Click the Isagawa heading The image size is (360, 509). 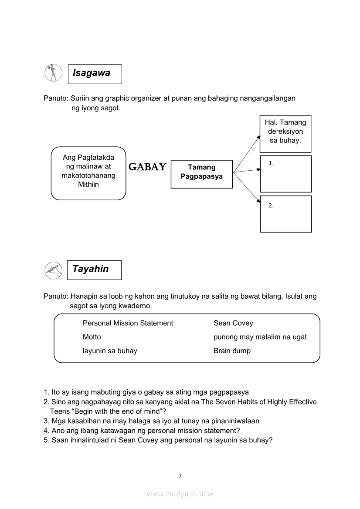(x=92, y=73)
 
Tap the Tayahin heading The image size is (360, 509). (x=91, y=269)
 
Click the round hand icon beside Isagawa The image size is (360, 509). (x=54, y=73)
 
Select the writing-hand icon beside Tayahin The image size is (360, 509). (x=54, y=270)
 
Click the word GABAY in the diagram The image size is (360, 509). (x=148, y=167)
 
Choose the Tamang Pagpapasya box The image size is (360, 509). (x=201, y=172)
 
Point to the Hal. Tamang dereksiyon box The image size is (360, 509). (x=285, y=131)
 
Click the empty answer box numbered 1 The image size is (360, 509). (x=286, y=174)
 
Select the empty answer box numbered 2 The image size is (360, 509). (x=286, y=214)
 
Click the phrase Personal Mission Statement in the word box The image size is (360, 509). (x=128, y=323)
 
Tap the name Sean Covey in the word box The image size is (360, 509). (x=233, y=323)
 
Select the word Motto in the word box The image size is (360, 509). (x=92, y=337)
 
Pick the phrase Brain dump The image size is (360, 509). (x=232, y=351)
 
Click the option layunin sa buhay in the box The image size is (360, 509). (x=110, y=351)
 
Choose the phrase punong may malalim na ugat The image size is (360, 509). (x=260, y=337)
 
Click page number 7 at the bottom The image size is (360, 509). (x=180, y=476)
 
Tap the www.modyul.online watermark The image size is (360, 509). (x=180, y=494)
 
